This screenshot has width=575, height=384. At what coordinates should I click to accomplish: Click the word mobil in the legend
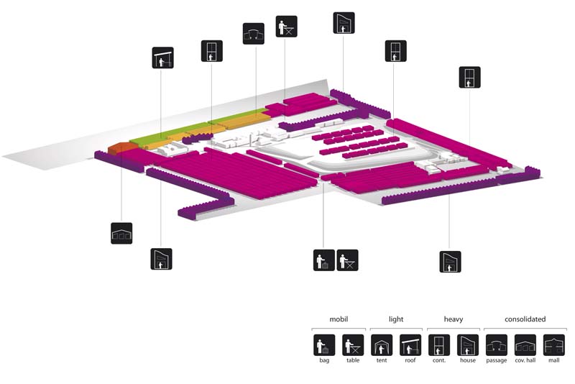(339, 319)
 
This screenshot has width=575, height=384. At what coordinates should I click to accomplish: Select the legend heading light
(396, 319)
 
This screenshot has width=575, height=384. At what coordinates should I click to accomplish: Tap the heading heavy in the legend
(454, 319)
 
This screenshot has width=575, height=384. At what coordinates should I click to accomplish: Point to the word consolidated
(525, 319)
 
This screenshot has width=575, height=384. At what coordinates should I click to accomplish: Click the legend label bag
(324, 360)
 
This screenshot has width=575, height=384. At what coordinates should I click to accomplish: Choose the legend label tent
(382, 360)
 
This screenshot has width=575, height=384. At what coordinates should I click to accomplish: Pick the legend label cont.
(439, 360)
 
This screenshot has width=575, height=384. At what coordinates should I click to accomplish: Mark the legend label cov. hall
(525, 360)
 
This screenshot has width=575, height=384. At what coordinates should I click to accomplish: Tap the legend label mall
(553, 360)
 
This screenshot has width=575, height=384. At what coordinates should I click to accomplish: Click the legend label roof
(410, 360)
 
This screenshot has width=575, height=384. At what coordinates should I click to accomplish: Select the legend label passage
(497, 361)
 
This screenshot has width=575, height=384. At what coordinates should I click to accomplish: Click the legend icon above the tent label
(382, 344)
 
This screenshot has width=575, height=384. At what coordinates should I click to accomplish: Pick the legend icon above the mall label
(553, 344)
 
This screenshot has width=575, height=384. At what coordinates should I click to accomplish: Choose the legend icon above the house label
(468, 344)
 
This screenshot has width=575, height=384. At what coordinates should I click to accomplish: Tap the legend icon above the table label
(353, 344)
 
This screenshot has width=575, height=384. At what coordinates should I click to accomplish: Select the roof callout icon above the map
(163, 58)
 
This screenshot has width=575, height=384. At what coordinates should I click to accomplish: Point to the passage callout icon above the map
(254, 34)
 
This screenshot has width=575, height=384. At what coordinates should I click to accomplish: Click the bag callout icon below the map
(324, 260)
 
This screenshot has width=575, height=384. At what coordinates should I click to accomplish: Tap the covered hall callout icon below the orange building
(121, 233)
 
